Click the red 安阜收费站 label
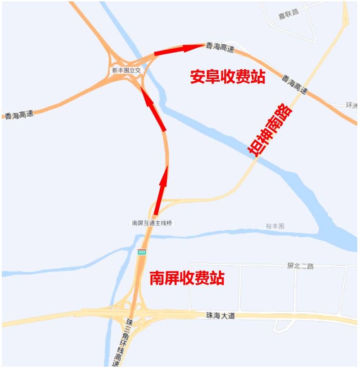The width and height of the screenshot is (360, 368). pyautogui.click(x=227, y=77)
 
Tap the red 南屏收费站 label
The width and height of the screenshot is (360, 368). pyautogui.click(x=186, y=278)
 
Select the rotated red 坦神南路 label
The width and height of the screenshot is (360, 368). pyautogui.click(x=269, y=130)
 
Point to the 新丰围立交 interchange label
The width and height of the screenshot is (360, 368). pyautogui.click(x=127, y=70)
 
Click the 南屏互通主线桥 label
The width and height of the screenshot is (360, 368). pyautogui.click(x=152, y=223)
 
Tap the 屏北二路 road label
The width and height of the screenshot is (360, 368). pyautogui.click(x=300, y=266)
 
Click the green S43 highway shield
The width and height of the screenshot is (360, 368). pyautogui.click(x=142, y=252)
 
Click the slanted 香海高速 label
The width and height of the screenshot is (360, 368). pyautogui.click(x=295, y=84)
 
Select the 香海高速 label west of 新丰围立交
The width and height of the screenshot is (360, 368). pyautogui.click(x=19, y=115)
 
